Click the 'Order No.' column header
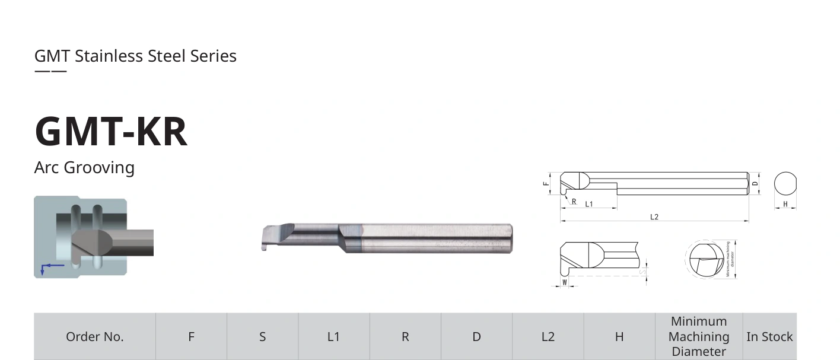pyautogui.click(x=95, y=337)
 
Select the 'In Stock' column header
pyautogui.click(x=769, y=337)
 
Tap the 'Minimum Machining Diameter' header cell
pyautogui.click(x=699, y=336)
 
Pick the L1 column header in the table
pyautogui.click(x=333, y=337)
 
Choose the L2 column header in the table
pyautogui.click(x=548, y=337)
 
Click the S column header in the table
pyautogui.click(x=262, y=337)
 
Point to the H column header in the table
pyautogui.click(x=619, y=337)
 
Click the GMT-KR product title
pyautogui.click(x=111, y=131)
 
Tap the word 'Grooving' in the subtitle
pyautogui.click(x=99, y=168)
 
